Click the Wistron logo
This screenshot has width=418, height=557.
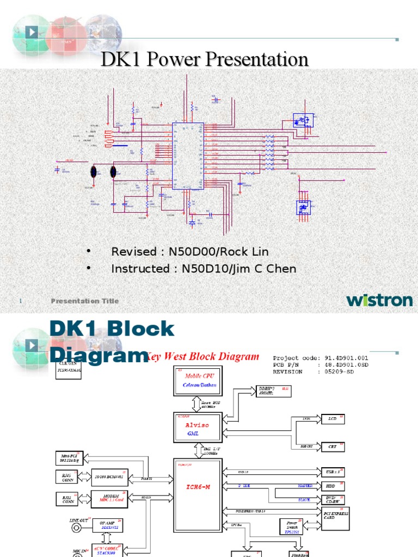[x=379, y=300]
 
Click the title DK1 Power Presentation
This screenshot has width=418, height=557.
[x=205, y=59]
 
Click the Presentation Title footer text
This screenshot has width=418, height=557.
[x=84, y=301]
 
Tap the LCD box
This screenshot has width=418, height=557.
[x=331, y=420]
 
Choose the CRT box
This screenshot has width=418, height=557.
[x=331, y=446]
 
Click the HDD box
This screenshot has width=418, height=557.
[x=331, y=486]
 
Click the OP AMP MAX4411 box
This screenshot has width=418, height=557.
[x=107, y=524]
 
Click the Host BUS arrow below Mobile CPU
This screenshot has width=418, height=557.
[x=197, y=404]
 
